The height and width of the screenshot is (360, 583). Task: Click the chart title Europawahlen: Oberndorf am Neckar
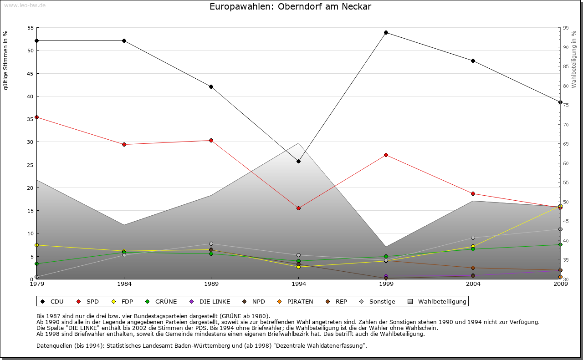pyautogui.click(x=290, y=7)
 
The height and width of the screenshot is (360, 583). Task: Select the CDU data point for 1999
pyautogui.click(x=386, y=32)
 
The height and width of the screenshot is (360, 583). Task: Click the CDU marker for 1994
pyautogui.click(x=298, y=161)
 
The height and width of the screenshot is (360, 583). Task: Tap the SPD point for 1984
pyautogui.click(x=124, y=144)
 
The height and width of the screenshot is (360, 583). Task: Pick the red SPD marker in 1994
pyautogui.click(x=298, y=208)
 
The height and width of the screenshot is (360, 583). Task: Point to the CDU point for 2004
pyautogui.click(x=473, y=61)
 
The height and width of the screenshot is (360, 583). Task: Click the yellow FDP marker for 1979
pyautogui.click(x=36, y=245)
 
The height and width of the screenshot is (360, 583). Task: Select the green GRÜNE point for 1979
pyautogui.click(x=36, y=264)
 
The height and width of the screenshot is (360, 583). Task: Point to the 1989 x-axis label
pyautogui.click(x=211, y=285)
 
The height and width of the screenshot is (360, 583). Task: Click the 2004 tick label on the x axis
pyautogui.click(x=473, y=285)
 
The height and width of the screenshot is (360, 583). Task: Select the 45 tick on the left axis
pyautogui.click(x=30, y=73)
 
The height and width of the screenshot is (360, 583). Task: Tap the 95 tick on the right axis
pyautogui.click(x=566, y=28)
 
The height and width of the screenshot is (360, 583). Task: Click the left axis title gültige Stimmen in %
pyautogui.click(x=6, y=60)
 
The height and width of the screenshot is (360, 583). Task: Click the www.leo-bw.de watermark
pyautogui.click(x=24, y=5)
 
